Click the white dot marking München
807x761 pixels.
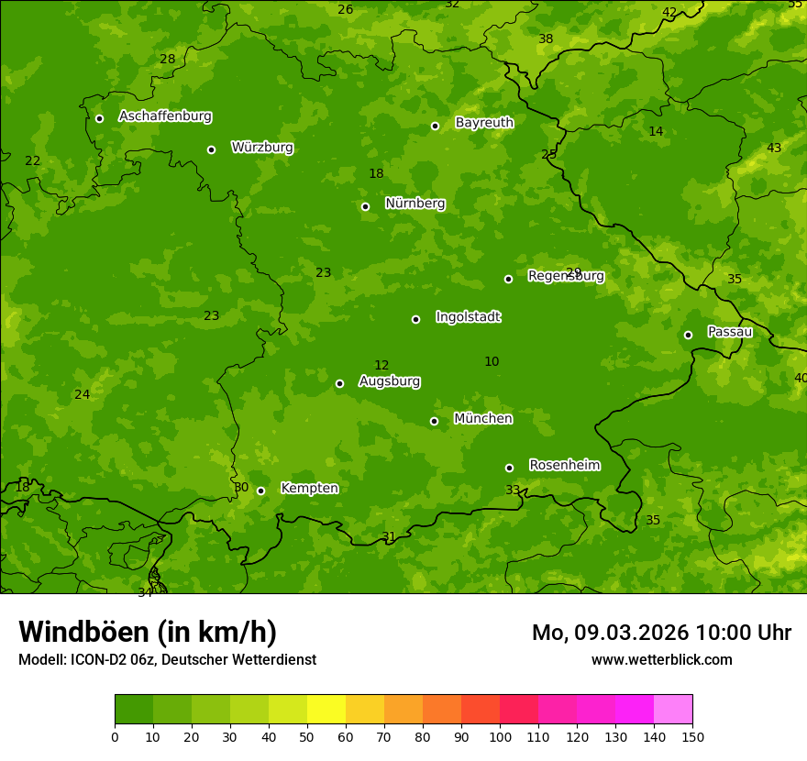(x=434, y=421)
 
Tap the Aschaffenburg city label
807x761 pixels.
(x=165, y=116)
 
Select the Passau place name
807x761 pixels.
(x=730, y=332)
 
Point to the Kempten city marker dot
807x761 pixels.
(x=260, y=491)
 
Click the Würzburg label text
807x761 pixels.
(x=262, y=148)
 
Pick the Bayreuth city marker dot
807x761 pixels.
(x=435, y=126)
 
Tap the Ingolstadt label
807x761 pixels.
(x=469, y=317)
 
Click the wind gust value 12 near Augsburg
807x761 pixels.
(x=381, y=366)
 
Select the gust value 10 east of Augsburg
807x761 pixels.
(x=492, y=362)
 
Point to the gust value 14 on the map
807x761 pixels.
(x=656, y=132)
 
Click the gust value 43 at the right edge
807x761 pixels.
(x=774, y=149)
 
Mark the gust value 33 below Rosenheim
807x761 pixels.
(x=513, y=491)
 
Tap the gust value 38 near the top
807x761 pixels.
(x=546, y=39)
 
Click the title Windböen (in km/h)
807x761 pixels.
(x=148, y=632)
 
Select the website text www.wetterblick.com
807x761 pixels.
(x=661, y=660)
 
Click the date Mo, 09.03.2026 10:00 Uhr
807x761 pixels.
(x=661, y=633)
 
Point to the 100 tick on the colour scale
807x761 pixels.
(x=500, y=736)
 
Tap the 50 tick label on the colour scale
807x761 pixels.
(x=307, y=736)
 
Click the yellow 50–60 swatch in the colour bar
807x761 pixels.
(x=326, y=710)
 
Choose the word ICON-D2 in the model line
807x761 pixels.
(x=97, y=660)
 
